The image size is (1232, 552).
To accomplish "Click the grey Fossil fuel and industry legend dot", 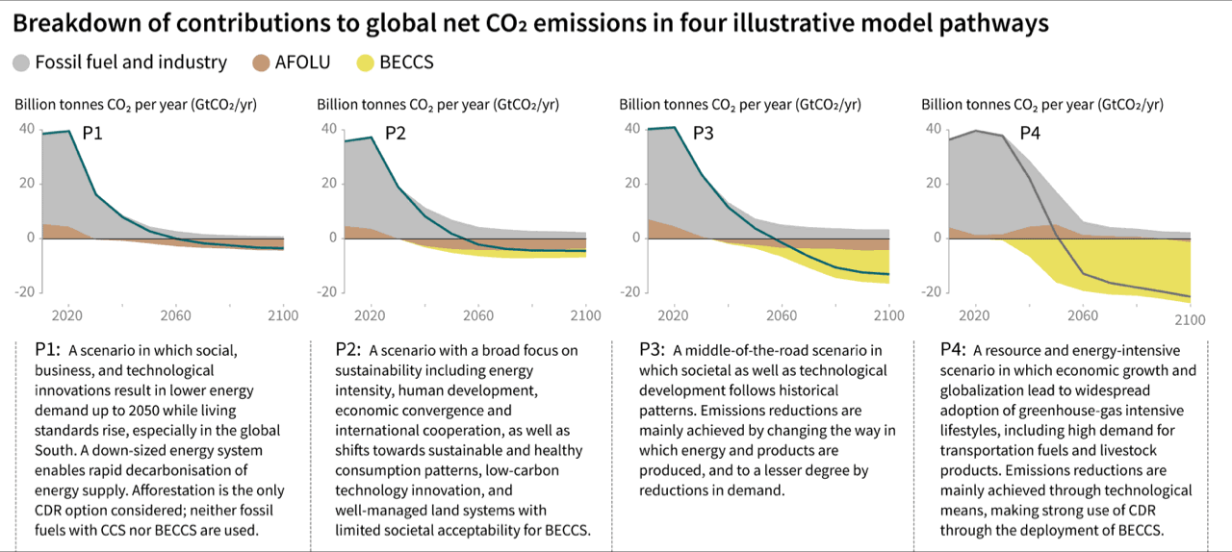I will tap(22, 63).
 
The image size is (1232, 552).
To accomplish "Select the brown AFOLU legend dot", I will tap(261, 63).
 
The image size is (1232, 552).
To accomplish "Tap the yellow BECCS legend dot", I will tap(364, 63).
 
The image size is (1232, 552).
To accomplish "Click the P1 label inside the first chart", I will tap(92, 135).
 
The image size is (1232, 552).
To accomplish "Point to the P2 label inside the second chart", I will tap(396, 134).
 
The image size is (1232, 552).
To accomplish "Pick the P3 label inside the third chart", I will tap(703, 134).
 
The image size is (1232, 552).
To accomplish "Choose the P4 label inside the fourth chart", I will tap(1030, 134).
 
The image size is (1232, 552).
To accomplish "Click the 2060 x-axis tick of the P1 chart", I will tap(176, 314).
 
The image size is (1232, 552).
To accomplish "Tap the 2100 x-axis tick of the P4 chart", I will tap(1190, 318).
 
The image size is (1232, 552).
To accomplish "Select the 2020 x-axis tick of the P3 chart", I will tap(674, 314).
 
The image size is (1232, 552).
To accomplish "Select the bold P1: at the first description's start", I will tap(47, 350).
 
